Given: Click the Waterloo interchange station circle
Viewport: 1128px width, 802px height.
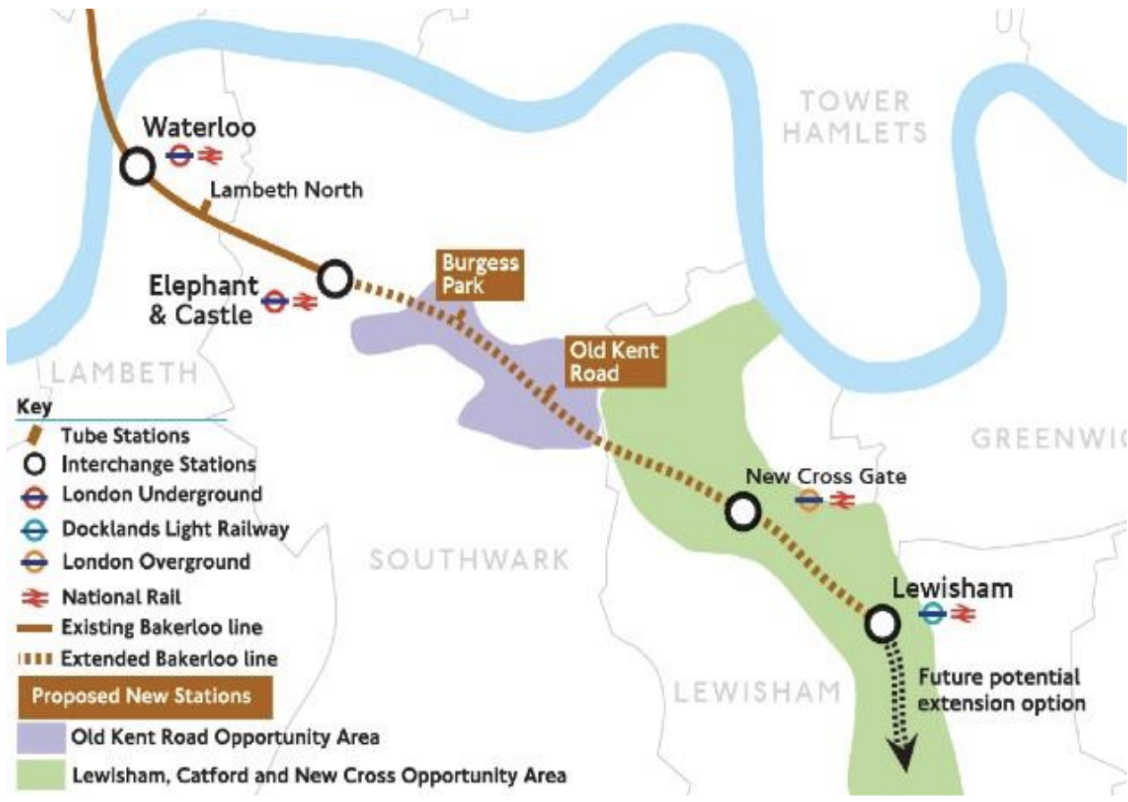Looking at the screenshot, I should (137, 166).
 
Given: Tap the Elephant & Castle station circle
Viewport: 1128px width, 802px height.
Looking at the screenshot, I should (335, 280).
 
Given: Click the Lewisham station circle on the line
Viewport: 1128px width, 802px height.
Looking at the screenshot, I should (881, 623).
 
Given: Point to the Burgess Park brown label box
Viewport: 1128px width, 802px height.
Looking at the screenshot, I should (478, 274).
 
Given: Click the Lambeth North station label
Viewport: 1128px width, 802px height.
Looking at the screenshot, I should (286, 189).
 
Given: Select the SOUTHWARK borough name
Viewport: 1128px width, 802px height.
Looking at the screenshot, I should (469, 560).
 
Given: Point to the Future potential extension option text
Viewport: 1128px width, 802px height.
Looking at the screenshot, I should (1001, 689).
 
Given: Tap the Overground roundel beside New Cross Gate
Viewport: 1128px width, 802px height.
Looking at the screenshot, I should (809, 501).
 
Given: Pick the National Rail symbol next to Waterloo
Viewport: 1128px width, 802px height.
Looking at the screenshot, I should (210, 156).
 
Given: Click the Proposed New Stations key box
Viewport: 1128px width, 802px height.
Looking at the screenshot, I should (143, 695).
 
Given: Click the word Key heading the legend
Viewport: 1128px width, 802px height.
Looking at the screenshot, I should (34, 407).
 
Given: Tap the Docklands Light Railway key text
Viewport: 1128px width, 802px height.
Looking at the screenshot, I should (175, 529).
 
